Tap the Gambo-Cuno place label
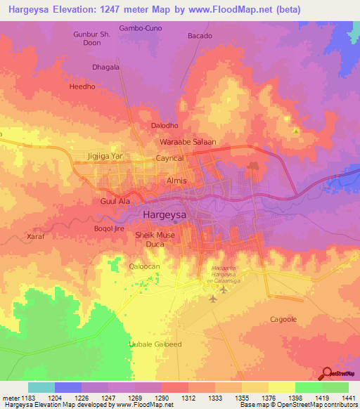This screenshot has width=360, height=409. click(x=141, y=28)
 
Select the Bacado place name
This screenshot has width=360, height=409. click(x=200, y=36)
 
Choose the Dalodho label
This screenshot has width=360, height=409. click(x=166, y=126)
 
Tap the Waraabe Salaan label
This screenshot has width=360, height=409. click(x=187, y=142)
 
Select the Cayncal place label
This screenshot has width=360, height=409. click(x=169, y=159)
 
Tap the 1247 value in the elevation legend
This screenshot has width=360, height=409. click(x=109, y=398)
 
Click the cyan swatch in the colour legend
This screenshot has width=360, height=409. click(x=41, y=387)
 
